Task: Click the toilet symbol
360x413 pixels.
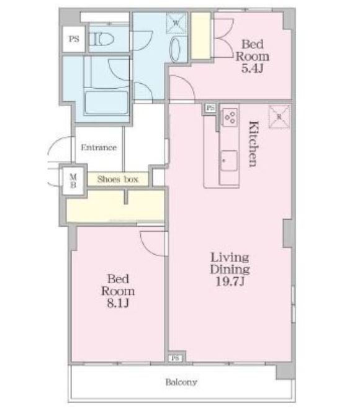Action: [101, 40]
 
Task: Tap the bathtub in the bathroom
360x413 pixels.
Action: [107, 102]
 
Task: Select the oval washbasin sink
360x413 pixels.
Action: [176, 49]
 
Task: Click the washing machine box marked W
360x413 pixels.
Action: [176, 23]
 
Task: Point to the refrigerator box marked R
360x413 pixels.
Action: [279, 117]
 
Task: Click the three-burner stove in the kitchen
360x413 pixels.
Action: [230, 117]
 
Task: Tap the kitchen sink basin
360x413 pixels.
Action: [229, 161]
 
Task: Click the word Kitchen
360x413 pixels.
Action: [254, 144]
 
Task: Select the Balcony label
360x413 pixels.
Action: [181, 382]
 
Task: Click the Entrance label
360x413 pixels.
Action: [99, 147]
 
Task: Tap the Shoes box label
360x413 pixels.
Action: [118, 179]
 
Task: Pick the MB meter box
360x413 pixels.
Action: [73, 181]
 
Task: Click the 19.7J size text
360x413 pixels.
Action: [230, 281]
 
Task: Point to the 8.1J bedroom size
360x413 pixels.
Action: [118, 303]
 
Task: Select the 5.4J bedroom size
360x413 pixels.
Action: [253, 68]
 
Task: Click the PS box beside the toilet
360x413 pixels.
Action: [74, 39]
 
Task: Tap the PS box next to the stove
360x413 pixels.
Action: [210, 107]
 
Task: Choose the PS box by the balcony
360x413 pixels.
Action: [175, 358]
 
